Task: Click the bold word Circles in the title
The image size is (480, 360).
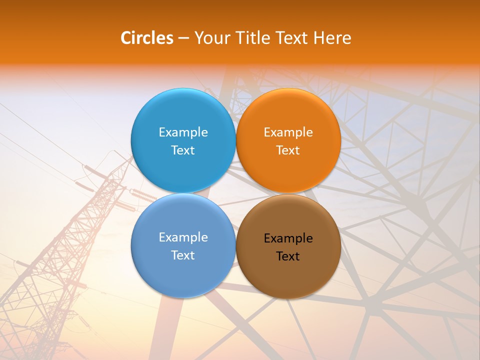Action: coord(147,38)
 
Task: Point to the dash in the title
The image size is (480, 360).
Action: coord(183,38)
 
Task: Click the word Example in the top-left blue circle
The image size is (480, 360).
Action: coord(183,132)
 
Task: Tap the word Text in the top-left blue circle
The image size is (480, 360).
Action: coord(183,150)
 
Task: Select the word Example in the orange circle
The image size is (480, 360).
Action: coord(288,132)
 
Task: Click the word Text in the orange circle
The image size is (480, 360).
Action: coord(288,150)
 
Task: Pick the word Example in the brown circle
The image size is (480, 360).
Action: coord(288,238)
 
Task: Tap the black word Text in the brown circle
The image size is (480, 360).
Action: coord(288,256)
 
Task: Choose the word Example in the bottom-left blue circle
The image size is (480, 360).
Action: coord(183,237)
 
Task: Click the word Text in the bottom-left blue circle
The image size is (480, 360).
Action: coord(183,255)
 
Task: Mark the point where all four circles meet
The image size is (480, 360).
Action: coord(235,193)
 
